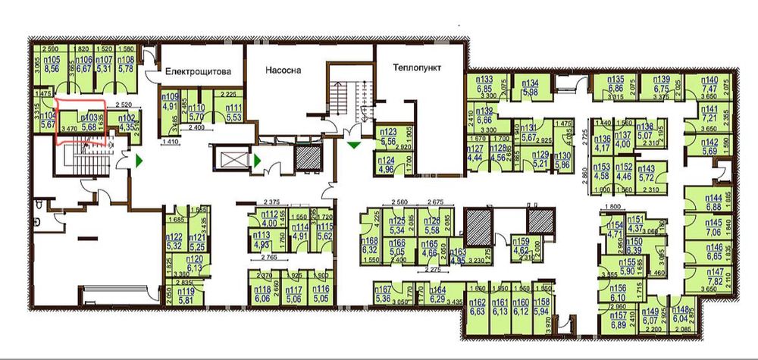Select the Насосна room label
pos(283,70)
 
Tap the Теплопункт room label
pos(416,67)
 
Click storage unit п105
pos(52,63)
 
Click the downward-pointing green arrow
pos(353,141)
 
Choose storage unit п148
pos(679,317)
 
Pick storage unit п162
pos(478,306)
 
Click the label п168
pos(371,243)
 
